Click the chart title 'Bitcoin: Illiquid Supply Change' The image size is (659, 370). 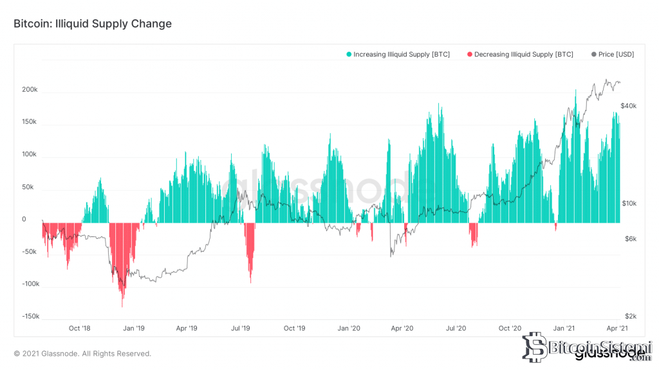[93, 24]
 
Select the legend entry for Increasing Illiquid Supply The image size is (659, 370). [398, 54]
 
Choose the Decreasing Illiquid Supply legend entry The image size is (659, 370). [520, 54]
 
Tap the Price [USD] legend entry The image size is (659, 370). [613, 54]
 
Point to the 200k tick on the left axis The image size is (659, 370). [30, 89]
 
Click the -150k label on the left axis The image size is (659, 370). [31, 316]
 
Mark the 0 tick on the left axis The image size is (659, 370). [24, 219]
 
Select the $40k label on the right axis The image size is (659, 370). [628, 106]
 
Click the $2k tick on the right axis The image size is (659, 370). [631, 316]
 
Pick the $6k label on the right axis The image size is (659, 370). [631, 239]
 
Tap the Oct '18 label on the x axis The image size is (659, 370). [79, 328]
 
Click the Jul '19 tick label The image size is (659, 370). [241, 328]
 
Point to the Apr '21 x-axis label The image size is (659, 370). [617, 328]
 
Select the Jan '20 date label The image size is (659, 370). [349, 328]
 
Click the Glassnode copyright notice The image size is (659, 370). [82, 354]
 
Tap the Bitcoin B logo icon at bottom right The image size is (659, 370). [535, 348]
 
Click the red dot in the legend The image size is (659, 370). [470, 54]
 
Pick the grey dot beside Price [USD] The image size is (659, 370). [594, 54]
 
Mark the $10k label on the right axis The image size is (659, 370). [629, 203]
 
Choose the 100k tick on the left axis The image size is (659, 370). [30, 154]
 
